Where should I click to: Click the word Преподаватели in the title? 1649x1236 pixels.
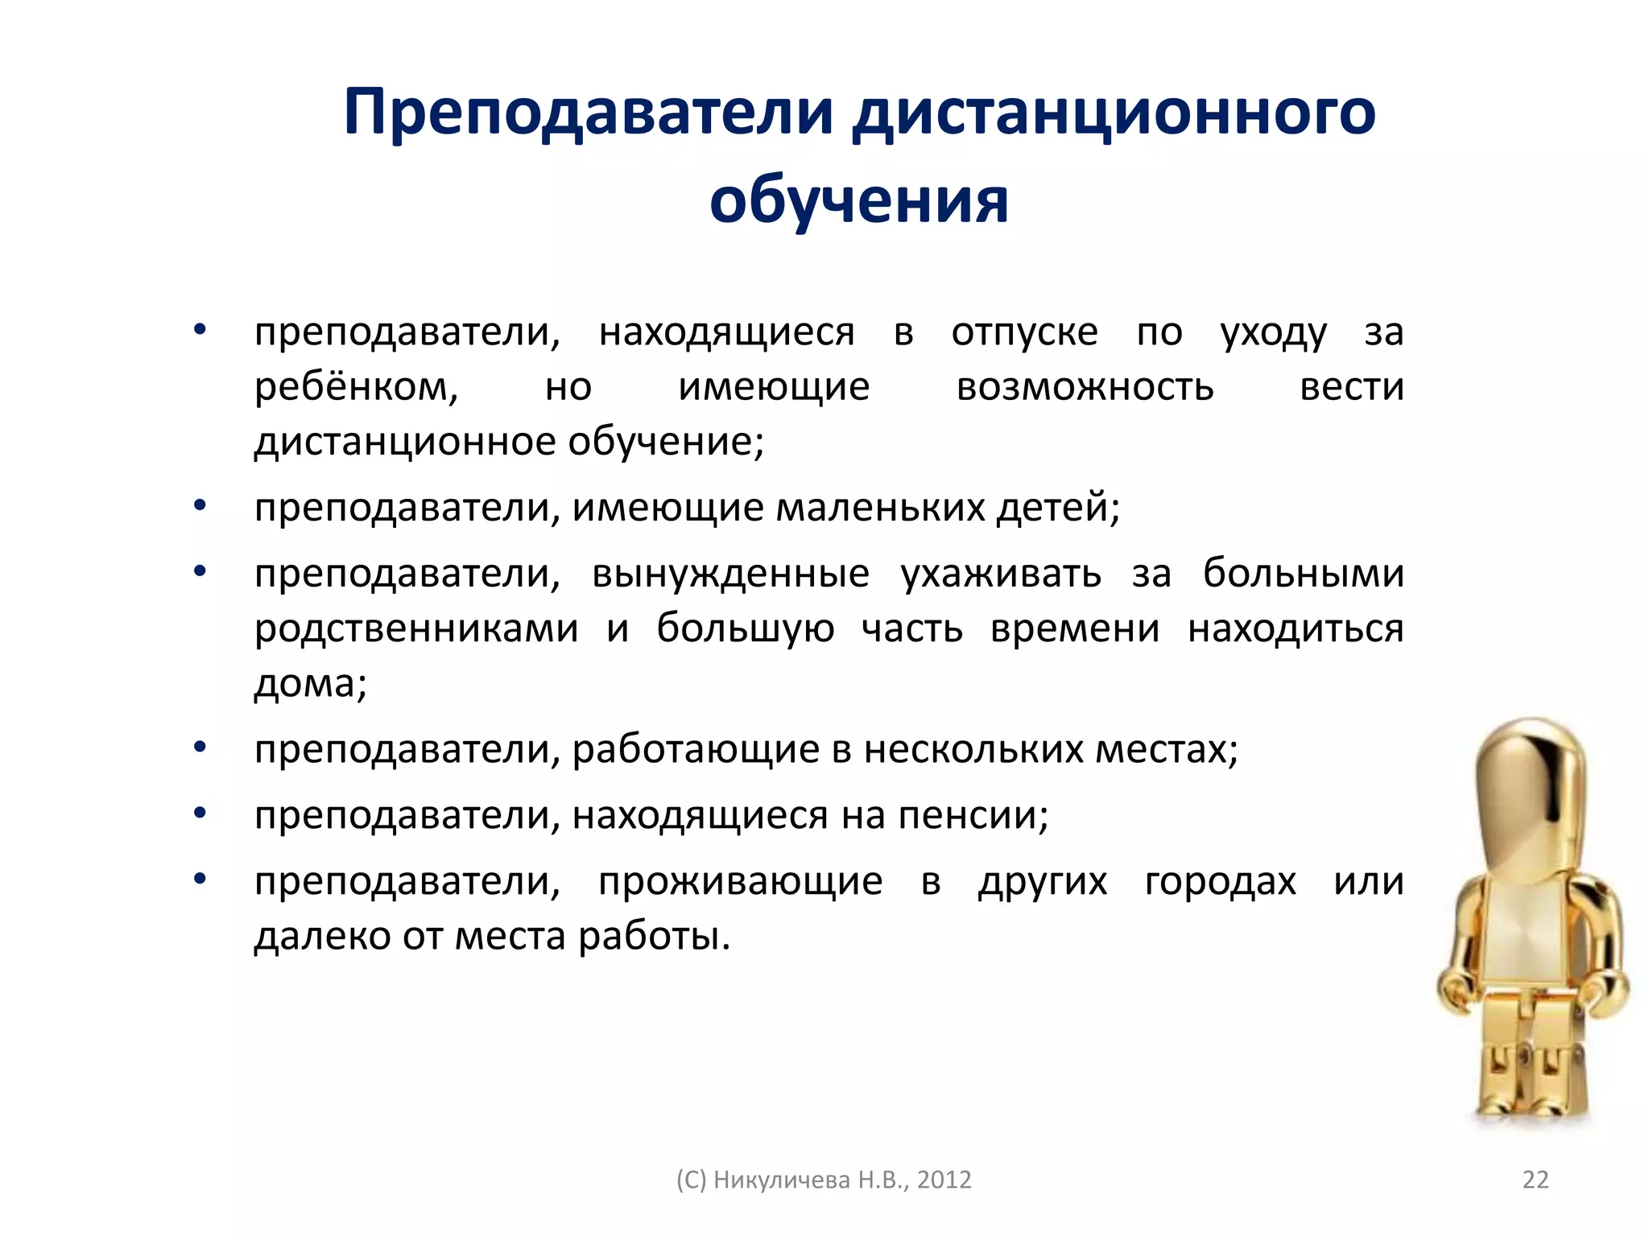click(589, 113)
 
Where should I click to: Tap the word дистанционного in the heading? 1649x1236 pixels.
click(1114, 113)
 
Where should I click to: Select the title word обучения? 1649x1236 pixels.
click(858, 201)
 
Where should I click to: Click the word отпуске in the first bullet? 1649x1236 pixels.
click(1024, 332)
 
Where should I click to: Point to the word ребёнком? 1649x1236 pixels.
click(356, 387)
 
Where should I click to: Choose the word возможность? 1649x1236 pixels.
click(1085, 387)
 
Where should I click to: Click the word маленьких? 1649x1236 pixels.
click(881, 508)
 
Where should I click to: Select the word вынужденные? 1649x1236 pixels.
click(730, 574)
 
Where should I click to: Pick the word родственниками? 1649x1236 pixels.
click(416, 628)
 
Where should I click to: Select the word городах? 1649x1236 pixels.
click(1220, 882)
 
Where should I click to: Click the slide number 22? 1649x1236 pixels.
click(1535, 1180)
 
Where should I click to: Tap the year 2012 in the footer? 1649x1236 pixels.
click(944, 1180)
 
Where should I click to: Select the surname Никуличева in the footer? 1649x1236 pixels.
click(782, 1180)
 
